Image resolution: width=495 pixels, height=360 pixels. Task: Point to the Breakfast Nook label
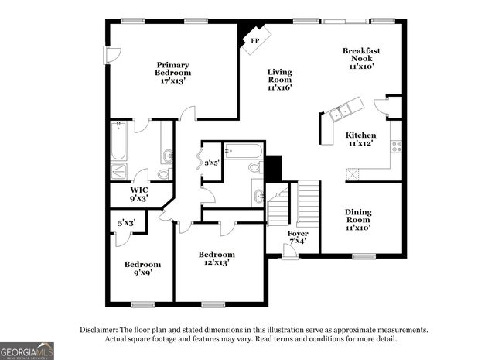click(361, 59)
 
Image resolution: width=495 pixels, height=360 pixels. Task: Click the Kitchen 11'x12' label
click(360, 139)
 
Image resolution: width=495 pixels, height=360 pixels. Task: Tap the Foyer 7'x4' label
click(297, 238)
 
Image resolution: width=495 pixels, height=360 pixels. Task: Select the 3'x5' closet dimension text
click(211, 163)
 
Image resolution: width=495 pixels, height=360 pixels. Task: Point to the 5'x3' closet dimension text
click(126, 223)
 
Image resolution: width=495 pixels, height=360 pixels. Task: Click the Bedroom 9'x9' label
click(143, 269)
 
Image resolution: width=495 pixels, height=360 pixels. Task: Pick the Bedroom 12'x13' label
click(217, 259)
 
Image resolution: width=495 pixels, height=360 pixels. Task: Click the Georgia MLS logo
click(27, 351)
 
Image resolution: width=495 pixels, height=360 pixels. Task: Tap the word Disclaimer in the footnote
click(100, 330)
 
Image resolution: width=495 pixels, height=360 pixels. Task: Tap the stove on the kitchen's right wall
click(395, 145)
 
